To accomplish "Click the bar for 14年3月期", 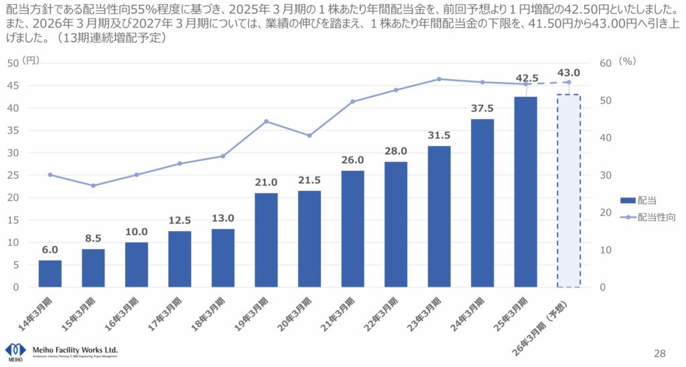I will click(x=50, y=273).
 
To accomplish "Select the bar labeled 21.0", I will click(x=266, y=240).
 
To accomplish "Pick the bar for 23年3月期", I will click(x=439, y=216).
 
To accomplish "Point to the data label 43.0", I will click(x=568, y=72).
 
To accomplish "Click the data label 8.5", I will click(x=93, y=238).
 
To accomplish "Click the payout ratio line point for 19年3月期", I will click(x=266, y=121).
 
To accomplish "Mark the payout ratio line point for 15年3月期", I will click(x=93, y=186).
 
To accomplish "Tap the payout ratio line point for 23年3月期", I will click(x=439, y=79).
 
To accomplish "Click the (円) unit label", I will click(x=31, y=60).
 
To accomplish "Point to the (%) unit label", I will click(x=627, y=60).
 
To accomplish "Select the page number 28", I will click(x=659, y=352).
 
